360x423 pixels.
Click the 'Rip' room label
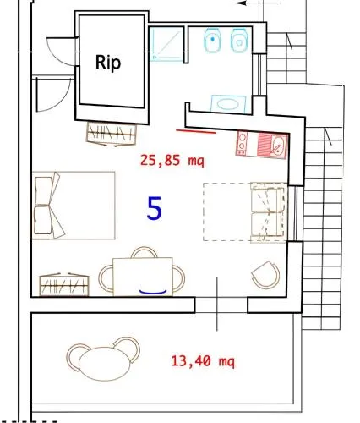(108, 63)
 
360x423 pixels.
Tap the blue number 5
(155, 208)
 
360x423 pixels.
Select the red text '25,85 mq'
(172, 161)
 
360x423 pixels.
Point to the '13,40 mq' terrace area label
(203, 361)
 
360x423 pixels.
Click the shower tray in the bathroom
(166, 44)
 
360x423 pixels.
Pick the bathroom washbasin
(228, 104)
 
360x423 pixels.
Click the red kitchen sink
(272, 146)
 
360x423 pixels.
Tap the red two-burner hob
(242, 144)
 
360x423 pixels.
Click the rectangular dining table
(143, 277)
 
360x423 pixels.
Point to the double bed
(74, 206)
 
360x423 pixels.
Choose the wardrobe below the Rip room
(112, 134)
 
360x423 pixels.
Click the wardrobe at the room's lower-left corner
(64, 284)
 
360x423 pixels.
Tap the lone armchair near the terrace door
(265, 275)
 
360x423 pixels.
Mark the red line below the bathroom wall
(196, 131)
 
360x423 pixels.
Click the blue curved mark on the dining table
(153, 292)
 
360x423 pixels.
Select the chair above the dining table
(144, 252)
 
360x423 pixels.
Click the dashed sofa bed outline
(245, 212)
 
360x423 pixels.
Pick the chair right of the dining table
(179, 278)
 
